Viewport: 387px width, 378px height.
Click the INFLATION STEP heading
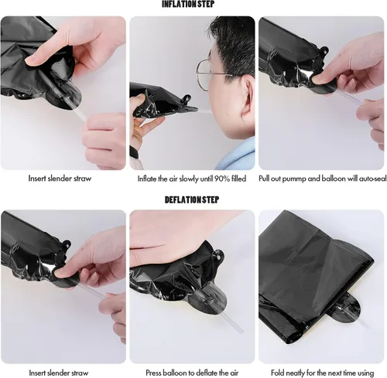tap(188, 4)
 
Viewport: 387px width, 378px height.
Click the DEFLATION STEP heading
tap(192, 199)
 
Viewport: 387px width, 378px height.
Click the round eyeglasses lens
tap(204, 75)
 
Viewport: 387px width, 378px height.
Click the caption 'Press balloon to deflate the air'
tap(192, 373)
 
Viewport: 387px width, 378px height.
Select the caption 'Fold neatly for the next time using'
tap(322, 373)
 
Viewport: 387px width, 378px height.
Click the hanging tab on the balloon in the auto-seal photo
tap(324, 50)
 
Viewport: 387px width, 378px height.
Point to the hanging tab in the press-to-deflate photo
tap(219, 257)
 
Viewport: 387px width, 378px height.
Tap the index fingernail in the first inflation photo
tap(29, 61)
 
